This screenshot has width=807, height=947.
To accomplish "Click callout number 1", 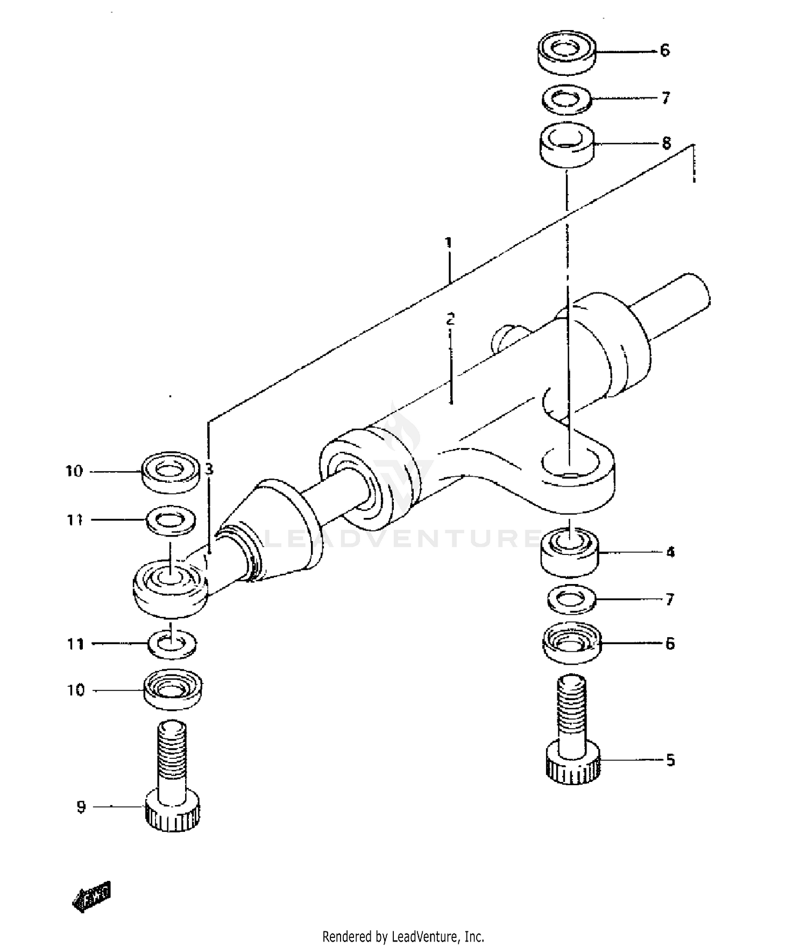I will tap(448, 243).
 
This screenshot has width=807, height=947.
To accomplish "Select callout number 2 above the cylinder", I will tap(450, 318).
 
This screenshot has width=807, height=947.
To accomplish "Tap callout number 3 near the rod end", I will tap(209, 469).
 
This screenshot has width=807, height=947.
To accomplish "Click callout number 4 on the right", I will tap(670, 552).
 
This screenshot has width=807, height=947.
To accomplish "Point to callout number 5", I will tap(670, 760).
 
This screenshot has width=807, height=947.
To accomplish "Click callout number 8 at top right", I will tap(666, 143).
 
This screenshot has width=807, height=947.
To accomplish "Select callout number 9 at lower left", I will tap(81, 807).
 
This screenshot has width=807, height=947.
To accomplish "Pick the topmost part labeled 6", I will tap(567, 52).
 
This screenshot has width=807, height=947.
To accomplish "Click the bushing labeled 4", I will tap(569, 552).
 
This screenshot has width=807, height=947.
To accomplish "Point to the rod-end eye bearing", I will tap(170, 587).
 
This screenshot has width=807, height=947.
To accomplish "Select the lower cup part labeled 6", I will tap(571, 643).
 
